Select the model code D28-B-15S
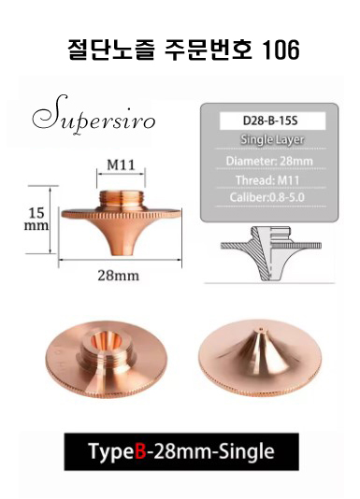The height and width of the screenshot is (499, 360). [x=270, y=121]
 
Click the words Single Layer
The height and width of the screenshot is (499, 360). [x=272, y=140]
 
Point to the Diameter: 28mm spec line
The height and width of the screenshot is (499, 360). [x=269, y=161]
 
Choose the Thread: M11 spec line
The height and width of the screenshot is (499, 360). [x=267, y=180]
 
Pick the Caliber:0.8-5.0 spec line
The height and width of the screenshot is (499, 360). [x=267, y=197]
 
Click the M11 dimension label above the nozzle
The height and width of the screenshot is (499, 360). [x=121, y=164]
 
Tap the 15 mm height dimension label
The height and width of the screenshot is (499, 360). [x=36, y=220]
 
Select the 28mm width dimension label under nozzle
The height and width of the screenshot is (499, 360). [x=118, y=276]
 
